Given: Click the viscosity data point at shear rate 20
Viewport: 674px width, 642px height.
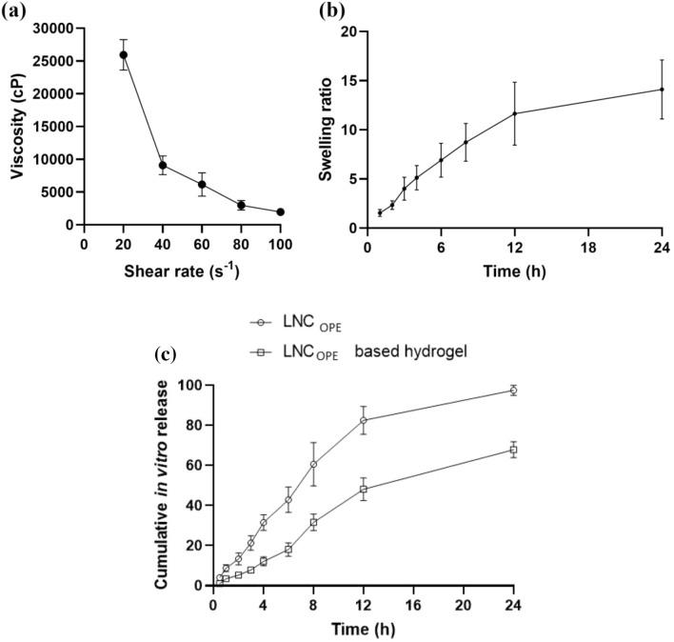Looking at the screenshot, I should coord(124,54).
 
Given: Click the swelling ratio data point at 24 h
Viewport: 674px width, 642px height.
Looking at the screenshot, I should coord(661,90).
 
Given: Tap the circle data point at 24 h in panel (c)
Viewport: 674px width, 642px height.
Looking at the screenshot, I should coord(514,391).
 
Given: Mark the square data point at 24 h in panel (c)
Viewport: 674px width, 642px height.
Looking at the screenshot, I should coord(514,450).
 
